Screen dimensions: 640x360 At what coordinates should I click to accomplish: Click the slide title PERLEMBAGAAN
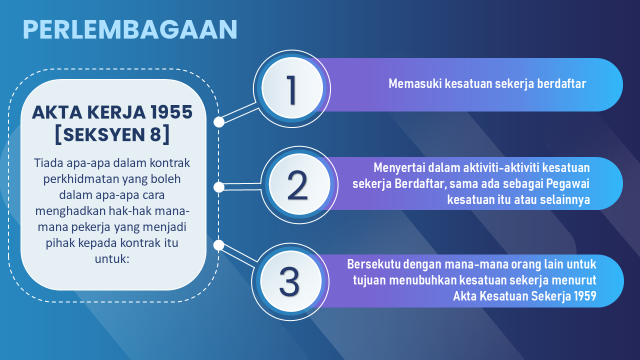click(x=130, y=29)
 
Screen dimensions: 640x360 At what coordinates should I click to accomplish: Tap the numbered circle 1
click(x=292, y=88)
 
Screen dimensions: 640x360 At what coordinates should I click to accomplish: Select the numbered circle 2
click(x=299, y=184)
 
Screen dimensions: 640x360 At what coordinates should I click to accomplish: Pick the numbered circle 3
click(x=290, y=281)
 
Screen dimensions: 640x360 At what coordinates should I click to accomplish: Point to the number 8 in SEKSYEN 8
click(x=156, y=134)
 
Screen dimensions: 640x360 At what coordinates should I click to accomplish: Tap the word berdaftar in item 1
click(x=561, y=83)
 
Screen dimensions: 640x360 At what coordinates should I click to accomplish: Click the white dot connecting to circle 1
click(x=219, y=122)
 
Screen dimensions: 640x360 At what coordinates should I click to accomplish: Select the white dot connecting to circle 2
click(x=219, y=187)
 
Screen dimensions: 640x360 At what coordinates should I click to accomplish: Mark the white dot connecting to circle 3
click(x=219, y=245)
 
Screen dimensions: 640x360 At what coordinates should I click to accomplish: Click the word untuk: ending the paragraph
click(x=112, y=259)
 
